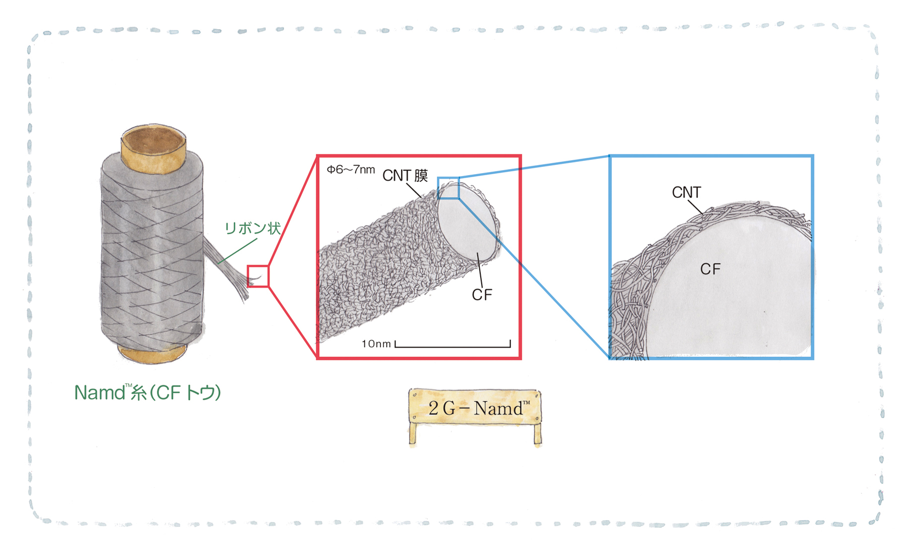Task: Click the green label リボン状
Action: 252,228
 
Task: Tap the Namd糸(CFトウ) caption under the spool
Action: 148,392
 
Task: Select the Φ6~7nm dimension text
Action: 351,170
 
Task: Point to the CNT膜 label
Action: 405,176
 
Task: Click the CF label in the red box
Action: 482,295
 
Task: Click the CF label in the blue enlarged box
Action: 710,269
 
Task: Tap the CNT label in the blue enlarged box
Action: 687,192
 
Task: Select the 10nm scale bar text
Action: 376,344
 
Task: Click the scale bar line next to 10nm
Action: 453,347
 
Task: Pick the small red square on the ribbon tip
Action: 258,276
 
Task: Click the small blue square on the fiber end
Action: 448,188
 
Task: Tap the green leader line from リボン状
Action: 238,251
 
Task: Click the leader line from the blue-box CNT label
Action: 696,207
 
